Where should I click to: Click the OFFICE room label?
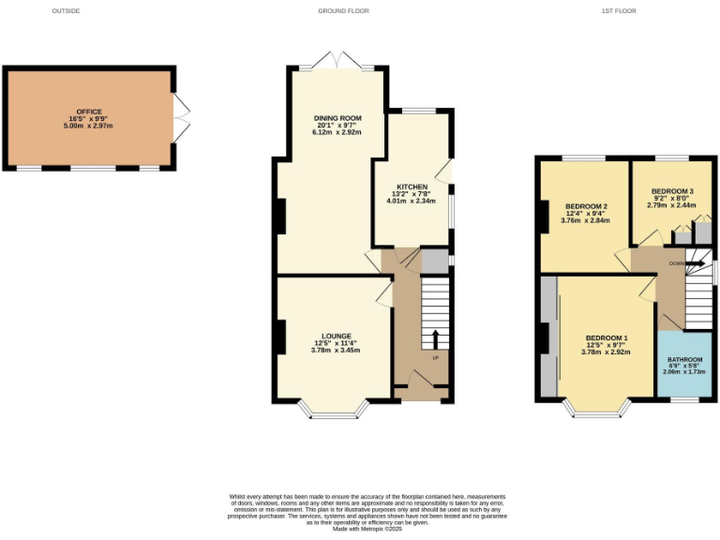91,112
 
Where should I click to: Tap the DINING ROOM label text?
337,118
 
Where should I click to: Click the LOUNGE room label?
336,336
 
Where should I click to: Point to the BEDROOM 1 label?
607,337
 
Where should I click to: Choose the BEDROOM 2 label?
586,206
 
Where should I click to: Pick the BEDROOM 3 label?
672,191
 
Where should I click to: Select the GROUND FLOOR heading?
343,11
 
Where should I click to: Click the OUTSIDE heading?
66,11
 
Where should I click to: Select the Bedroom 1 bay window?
596,410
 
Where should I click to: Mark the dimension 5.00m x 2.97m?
91,127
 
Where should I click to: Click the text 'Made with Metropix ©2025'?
367,530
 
